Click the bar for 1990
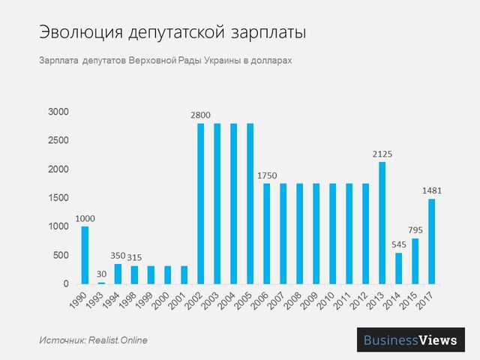(x=85, y=255)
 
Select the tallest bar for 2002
(x=201, y=203)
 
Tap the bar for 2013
(x=382, y=223)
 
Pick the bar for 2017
(x=432, y=241)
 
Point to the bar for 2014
(x=398, y=268)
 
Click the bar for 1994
(x=118, y=274)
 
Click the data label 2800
(x=201, y=115)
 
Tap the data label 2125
(x=382, y=154)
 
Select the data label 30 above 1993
(x=101, y=274)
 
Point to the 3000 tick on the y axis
(x=58, y=112)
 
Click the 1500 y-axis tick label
(x=58, y=198)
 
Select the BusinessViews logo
(x=410, y=340)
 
